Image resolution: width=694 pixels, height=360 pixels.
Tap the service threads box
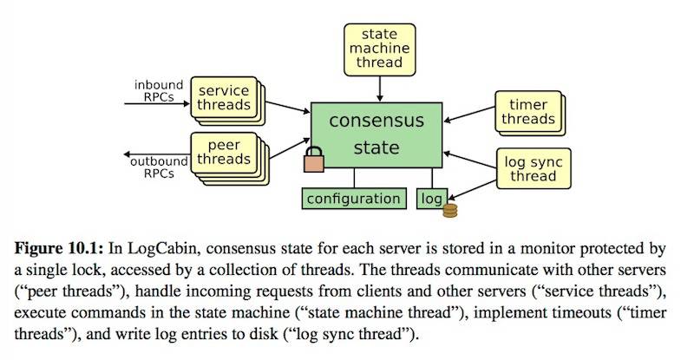pos(222,98)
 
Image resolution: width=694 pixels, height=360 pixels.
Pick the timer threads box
pos(526,112)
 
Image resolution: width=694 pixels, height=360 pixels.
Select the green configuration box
pos(354,199)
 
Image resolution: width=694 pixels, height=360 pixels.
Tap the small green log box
pos(431,199)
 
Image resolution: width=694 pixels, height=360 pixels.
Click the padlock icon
pos(312,160)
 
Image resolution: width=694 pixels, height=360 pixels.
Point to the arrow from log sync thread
pos(473,160)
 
